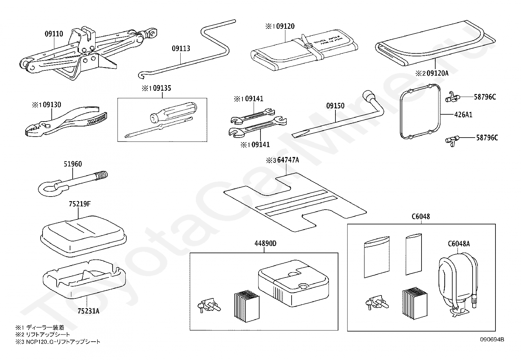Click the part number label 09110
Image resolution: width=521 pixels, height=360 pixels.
(54, 33)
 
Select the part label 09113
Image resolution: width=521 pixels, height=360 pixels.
(181, 48)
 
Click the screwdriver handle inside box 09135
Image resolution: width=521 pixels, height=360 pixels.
(173, 111)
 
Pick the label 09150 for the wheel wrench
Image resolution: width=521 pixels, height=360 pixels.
(335, 106)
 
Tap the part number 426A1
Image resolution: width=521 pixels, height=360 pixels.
(463, 115)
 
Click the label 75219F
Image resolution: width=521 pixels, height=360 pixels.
(80, 204)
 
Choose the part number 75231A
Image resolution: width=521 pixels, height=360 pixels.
(88, 311)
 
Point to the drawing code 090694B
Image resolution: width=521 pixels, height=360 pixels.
(492, 339)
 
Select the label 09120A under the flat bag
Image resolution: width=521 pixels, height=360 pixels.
(432, 74)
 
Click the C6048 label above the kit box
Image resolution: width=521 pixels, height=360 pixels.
(421, 217)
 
